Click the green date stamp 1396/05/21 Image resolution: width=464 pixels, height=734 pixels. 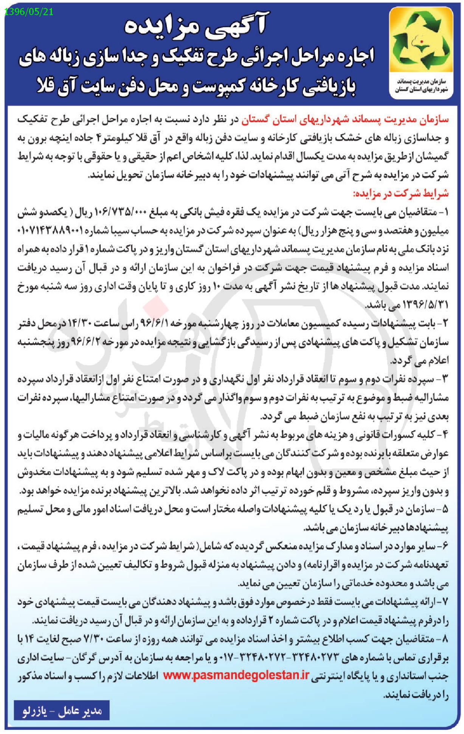pos(29,12)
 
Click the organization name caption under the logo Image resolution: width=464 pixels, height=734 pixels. pos(421,86)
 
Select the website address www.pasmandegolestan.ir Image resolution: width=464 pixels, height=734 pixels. pos(236,676)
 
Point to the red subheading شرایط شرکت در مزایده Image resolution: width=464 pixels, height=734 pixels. pos(400,194)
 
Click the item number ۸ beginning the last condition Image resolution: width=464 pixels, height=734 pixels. pos(444,639)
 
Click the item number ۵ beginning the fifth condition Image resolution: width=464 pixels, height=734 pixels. pos(444,509)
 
